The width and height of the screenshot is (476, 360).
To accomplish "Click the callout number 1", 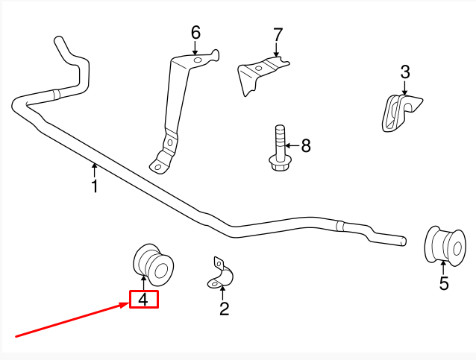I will (x=95, y=186).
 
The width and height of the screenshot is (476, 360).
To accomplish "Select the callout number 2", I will (x=224, y=309).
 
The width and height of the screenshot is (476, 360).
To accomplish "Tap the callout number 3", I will (x=405, y=72).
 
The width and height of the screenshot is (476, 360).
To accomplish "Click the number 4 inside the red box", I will (x=144, y=300).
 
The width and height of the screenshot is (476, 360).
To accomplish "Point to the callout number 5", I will (x=444, y=283).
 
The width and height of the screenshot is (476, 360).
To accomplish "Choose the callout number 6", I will (x=195, y=32).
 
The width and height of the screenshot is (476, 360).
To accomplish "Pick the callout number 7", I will (x=278, y=34).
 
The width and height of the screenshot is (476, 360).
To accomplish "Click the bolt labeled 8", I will (x=279, y=146).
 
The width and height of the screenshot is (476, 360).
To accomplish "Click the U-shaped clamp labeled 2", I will (x=221, y=277).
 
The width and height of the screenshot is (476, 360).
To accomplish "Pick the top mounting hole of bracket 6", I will (x=198, y=60).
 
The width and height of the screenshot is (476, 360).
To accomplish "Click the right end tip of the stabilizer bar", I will (x=404, y=241).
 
